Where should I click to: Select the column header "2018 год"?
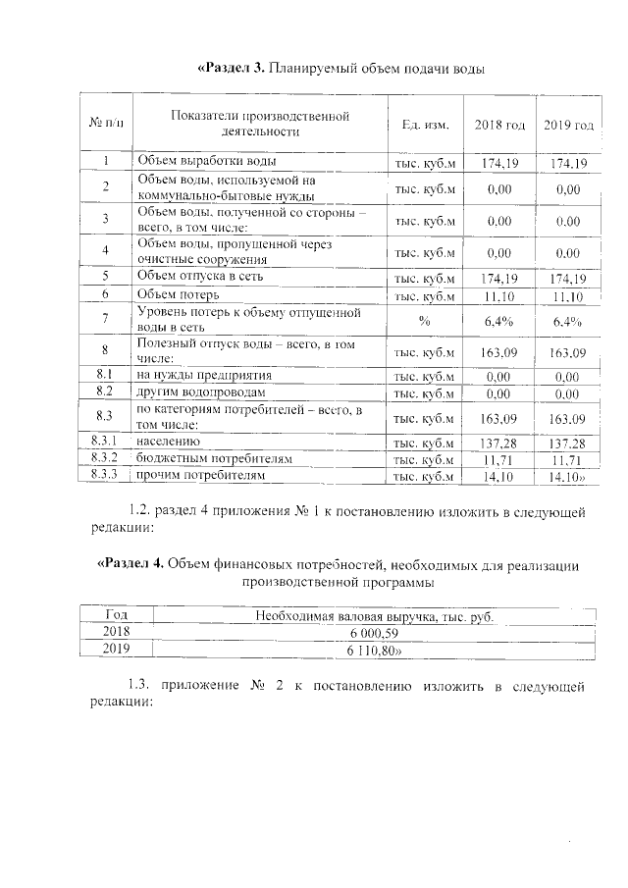(x=500, y=126)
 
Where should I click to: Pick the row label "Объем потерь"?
(x=179, y=293)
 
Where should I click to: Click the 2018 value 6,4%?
(x=500, y=319)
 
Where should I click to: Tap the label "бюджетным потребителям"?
(x=214, y=459)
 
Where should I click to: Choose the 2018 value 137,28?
(x=500, y=444)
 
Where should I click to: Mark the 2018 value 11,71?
(x=500, y=459)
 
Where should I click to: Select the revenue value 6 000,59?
(x=374, y=633)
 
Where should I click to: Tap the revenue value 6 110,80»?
(x=374, y=650)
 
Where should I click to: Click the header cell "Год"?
(x=117, y=615)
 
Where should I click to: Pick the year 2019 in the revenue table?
(x=117, y=650)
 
